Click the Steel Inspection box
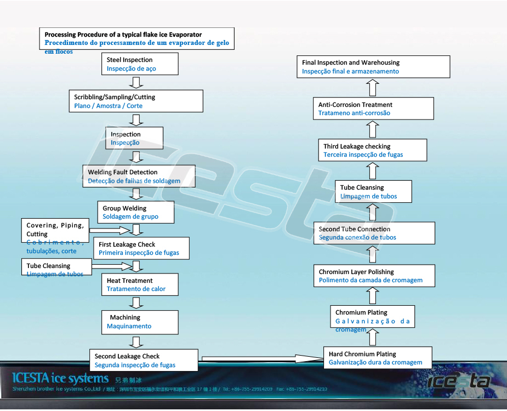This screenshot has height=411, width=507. pos(140,64)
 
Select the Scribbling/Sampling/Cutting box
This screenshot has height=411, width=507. pos(135,101)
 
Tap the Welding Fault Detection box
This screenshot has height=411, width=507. pos(138,176)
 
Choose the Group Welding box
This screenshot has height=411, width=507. pos(136,212)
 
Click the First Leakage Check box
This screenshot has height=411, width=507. pos(141,248)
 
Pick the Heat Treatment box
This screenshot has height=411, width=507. pos(140,284)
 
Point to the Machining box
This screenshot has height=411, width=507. pos(140,322)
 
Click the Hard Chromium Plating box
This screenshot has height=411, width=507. pos(377,358)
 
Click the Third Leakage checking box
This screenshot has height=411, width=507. pos(372,150)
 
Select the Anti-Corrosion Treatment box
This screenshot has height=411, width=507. pos(375,109)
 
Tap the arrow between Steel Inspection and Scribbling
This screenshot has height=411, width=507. pos(138,83)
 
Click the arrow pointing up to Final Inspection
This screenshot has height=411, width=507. pos(372,88)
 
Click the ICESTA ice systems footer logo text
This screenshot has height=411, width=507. pos(60,378)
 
